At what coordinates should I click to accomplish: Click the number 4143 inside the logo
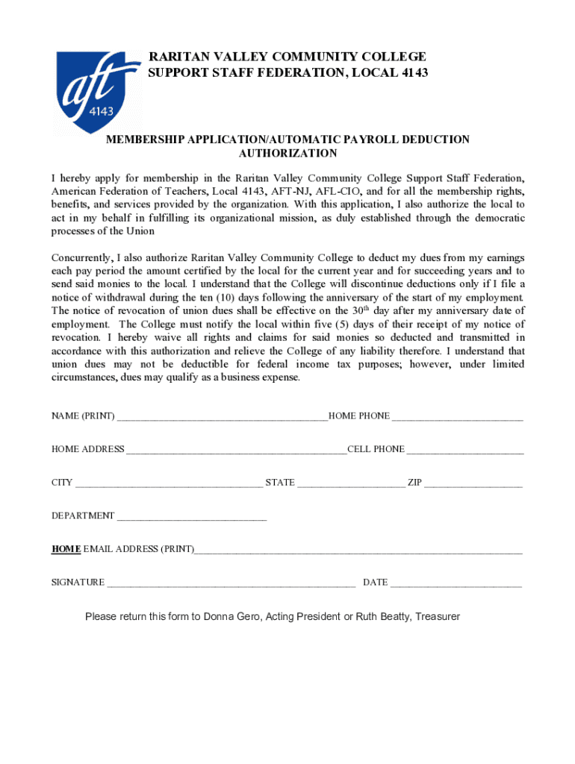tap(101, 111)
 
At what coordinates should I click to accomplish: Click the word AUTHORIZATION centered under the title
tap(287, 154)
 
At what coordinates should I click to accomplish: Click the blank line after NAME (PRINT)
tap(223, 416)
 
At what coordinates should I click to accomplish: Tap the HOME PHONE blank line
tap(457, 416)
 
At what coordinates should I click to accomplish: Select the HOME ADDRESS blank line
tap(236, 450)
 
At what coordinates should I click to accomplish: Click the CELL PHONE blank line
tap(465, 450)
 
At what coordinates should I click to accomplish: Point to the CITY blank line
tap(169, 483)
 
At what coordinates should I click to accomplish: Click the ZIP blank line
tap(473, 483)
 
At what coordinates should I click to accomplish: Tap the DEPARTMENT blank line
tap(192, 516)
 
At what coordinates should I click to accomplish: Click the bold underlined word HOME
tap(66, 549)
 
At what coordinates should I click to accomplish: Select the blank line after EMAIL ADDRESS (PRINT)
tap(358, 550)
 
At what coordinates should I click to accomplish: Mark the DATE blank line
tap(456, 583)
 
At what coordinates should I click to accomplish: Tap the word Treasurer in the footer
tap(438, 617)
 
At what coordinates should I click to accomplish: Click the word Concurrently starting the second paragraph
tap(81, 258)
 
